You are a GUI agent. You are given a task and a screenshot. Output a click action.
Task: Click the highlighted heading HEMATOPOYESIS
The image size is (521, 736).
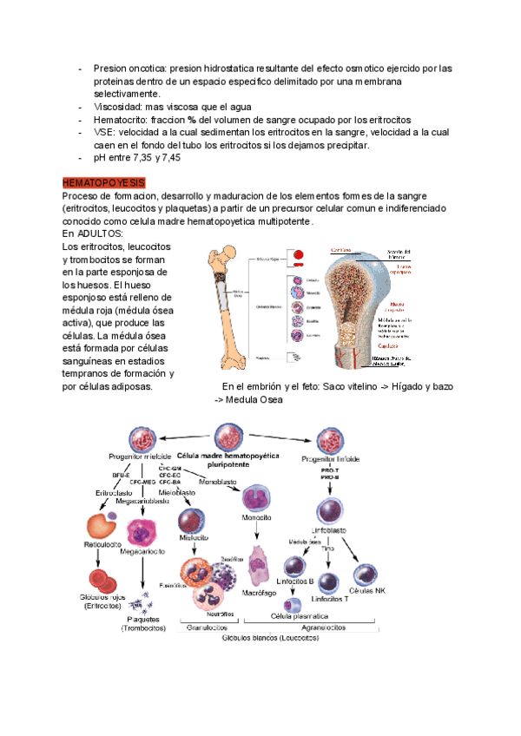coord(103,183)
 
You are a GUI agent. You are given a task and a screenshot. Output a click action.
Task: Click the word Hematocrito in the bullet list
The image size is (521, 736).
coord(121,119)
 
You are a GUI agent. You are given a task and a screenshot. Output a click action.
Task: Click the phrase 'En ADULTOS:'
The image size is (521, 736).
coord(93,234)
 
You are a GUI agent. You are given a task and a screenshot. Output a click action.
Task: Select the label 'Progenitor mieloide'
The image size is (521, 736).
coord(140,457)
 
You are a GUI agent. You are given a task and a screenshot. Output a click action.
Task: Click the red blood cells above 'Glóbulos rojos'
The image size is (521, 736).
coord(108,580)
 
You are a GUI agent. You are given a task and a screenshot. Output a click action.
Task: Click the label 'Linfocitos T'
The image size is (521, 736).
coord(330,599)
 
